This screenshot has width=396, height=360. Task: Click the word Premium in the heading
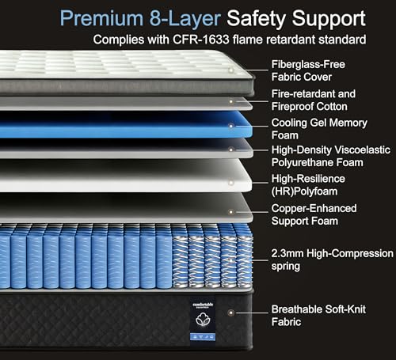[x=101, y=18]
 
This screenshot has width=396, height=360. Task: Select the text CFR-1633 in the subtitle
[x=200, y=40]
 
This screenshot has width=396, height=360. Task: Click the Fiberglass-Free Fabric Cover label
[x=308, y=70]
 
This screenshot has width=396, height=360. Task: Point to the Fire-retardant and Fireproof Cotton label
[x=314, y=100]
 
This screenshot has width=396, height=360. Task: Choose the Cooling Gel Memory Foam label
[x=319, y=129]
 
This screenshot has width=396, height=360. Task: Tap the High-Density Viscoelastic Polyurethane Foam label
[x=331, y=156]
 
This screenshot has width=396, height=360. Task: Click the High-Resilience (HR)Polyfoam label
[x=308, y=185]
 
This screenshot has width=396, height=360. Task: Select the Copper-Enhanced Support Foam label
[x=314, y=214]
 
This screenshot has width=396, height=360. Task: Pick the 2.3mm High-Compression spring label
[x=332, y=260]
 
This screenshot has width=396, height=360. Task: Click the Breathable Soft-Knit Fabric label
[x=318, y=316]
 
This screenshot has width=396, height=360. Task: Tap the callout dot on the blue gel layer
[x=231, y=126]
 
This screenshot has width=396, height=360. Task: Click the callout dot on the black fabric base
[x=231, y=313]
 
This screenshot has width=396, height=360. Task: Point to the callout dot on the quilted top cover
[x=231, y=70]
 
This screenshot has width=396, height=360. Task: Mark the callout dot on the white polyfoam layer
[x=231, y=183]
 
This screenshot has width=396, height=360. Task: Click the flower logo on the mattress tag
[x=203, y=320]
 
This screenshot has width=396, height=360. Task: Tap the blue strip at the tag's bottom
[x=203, y=337]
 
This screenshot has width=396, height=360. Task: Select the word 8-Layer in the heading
[x=185, y=19]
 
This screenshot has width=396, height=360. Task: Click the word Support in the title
[x=329, y=19]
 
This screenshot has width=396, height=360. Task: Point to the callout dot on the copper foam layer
[x=231, y=212]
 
